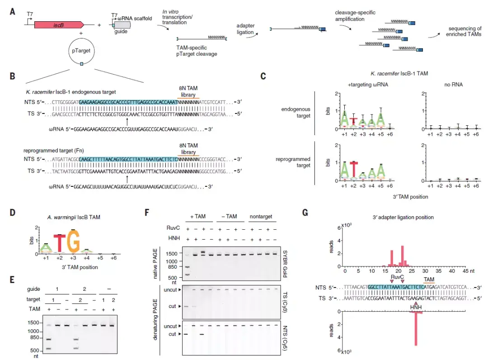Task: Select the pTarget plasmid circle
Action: pos(81,52)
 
